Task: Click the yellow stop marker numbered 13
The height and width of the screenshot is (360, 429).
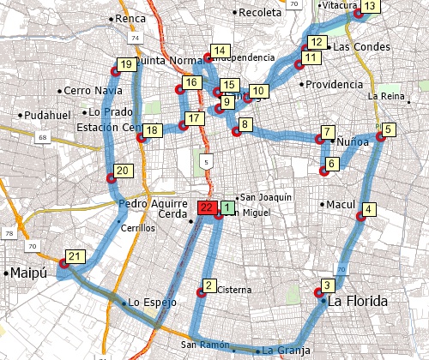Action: click(x=369, y=7)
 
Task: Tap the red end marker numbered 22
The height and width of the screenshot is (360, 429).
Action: click(x=207, y=207)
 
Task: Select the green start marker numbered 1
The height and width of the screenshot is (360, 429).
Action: click(x=227, y=207)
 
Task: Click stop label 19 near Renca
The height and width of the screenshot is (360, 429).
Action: click(x=126, y=64)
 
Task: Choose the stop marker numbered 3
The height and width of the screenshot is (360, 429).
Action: click(x=327, y=285)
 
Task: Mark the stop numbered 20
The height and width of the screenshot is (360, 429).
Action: click(x=122, y=171)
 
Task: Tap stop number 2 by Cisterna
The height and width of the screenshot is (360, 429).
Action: click(x=208, y=285)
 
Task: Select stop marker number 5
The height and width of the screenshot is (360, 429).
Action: click(x=390, y=130)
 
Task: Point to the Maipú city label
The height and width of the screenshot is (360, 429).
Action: click(x=27, y=273)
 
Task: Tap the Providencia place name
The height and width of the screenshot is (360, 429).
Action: click(x=335, y=85)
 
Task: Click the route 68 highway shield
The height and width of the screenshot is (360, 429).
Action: click(x=43, y=137)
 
